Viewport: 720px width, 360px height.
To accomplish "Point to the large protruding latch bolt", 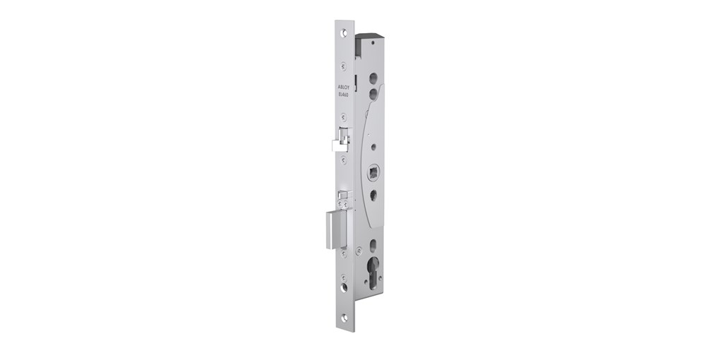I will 336,229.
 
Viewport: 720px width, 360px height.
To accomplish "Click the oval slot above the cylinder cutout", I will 373,245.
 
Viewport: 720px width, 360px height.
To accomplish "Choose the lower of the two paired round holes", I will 373,92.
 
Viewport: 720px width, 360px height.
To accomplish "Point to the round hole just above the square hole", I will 373,147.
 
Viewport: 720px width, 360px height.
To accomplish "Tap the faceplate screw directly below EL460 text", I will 343,116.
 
